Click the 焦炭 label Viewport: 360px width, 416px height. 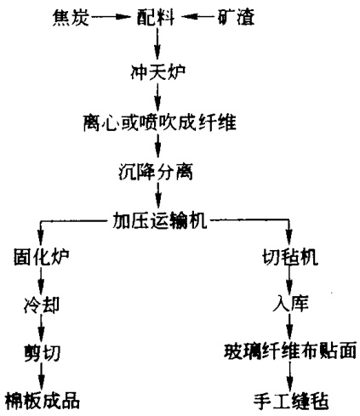pyautogui.click(x=71, y=17)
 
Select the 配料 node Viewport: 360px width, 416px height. pyautogui.click(x=156, y=17)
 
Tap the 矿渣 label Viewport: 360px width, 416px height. pyautogui.click(x=236, y=17)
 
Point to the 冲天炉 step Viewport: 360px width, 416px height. pyautogui.click(x=158, y=72)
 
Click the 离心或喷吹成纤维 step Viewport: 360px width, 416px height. pyautogui.click(x=160, y=123)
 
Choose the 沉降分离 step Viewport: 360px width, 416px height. pyautogui.click(x=156, y=172)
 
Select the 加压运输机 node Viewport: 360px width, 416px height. pyautogui.click(x=160, y=220)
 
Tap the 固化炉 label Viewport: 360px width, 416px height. pyautogui.click(x=42, y=257)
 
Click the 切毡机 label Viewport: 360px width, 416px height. pyautogui.click(x=290, y=257)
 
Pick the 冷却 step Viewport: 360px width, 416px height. pyautogui.click(x=42, y=305)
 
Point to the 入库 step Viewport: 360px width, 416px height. pyautogui.click(x=290, y=303)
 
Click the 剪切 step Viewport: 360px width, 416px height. pyautogui.click(x=43, y=352)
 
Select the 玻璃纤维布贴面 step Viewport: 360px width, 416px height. pyautogui.click(x=290, y=351)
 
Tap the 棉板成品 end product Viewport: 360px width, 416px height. pyautogui.click(x=43, y=401)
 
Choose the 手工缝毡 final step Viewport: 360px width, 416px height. pyautogui.click(x=291, y=401)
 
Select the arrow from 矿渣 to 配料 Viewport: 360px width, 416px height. pyautogui.click(x=198, y=17)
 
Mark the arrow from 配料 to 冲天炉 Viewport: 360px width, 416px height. pyautogui.click(x=157, y=43)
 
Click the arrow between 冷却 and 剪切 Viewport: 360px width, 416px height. pyautogui.click(x=42, y=328)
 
